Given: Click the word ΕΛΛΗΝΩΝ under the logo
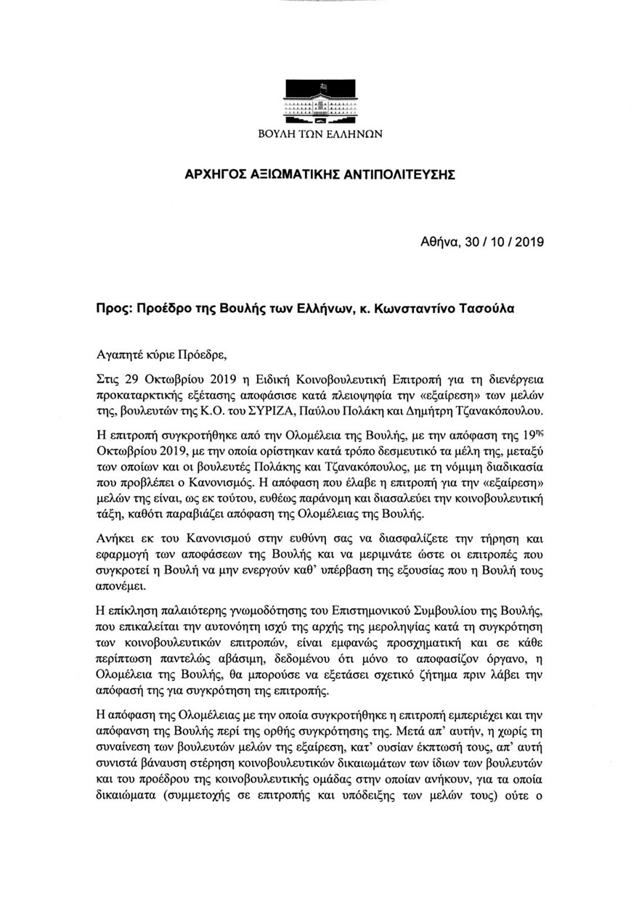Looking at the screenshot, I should tap(354, 134).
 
